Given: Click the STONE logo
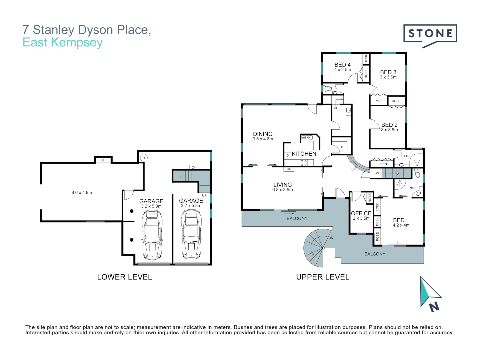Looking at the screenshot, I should tap(430, 34).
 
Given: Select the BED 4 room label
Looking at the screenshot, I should tap(342, 65).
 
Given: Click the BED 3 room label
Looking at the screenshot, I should tap(388, 72).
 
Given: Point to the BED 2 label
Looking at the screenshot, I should tap(389, 125).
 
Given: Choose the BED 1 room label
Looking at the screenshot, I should tap(401, 220).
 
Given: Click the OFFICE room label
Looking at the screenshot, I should tap(361, 213).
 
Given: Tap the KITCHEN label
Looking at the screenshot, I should tap(304, 154).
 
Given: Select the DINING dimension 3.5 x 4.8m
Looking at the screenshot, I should tap(263, 139).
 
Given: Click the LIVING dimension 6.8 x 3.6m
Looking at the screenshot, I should tap(282, 190).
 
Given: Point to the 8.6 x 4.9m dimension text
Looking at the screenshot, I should tap(82, 193).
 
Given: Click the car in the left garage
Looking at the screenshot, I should tap(152, 235).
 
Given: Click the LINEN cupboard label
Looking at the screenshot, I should tap(382, 164).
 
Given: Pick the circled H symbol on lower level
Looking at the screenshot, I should tap(144, 158).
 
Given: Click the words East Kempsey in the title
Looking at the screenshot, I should tap(63, 43).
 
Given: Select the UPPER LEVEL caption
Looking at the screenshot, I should tap(323, 277).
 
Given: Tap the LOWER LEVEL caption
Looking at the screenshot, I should tap(124, 277).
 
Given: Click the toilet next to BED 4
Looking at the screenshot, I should tap(328, 89).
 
